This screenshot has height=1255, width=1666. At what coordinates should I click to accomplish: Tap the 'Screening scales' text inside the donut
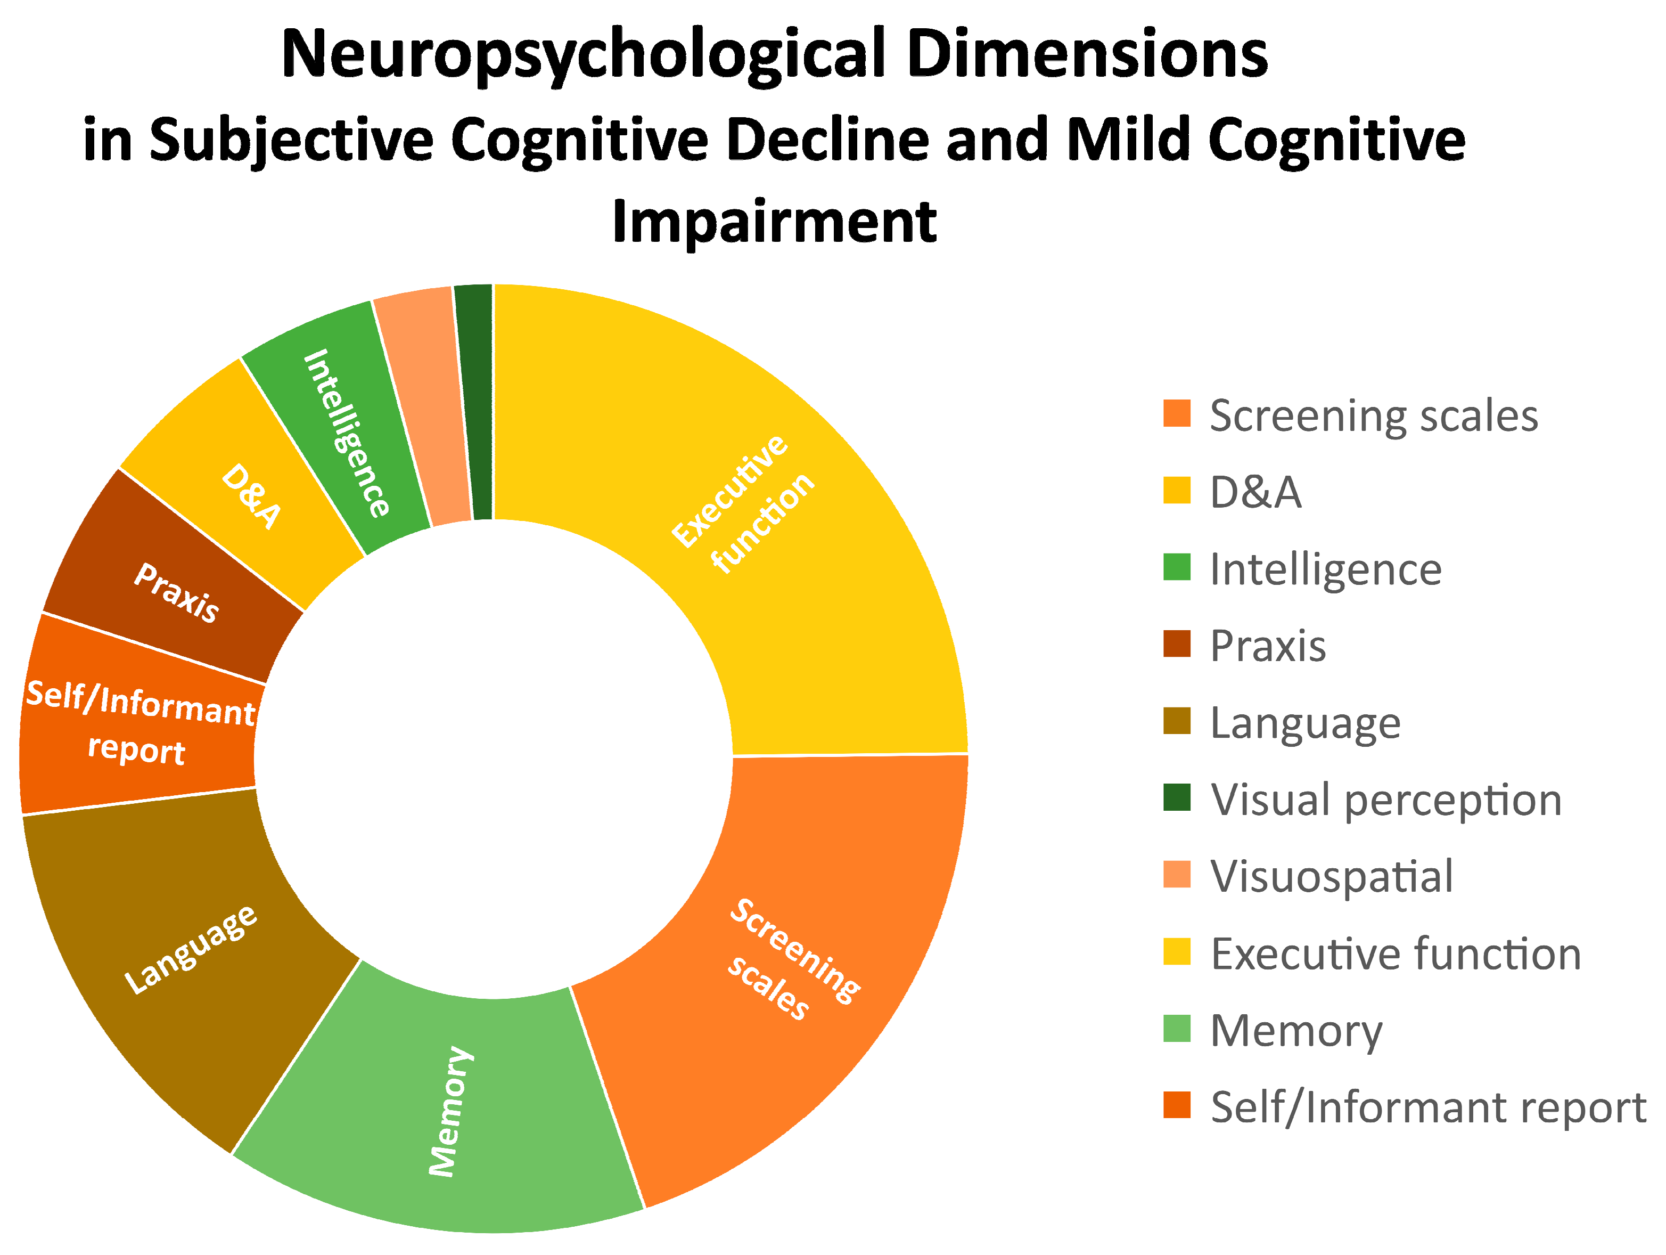[x=791, y=960]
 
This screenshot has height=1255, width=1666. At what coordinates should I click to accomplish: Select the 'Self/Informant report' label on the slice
[x=139, y=723]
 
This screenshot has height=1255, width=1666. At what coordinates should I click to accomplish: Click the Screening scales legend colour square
[x=1177, y=413]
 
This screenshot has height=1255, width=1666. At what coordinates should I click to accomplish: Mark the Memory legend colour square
[x=1177, y=1028]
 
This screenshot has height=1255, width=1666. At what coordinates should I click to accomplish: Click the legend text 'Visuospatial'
[x=1331, y=876]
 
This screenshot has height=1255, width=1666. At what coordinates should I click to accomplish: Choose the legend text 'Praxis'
[x=1268, y=646]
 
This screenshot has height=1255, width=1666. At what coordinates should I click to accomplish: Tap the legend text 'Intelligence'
[x=1326, y=569]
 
